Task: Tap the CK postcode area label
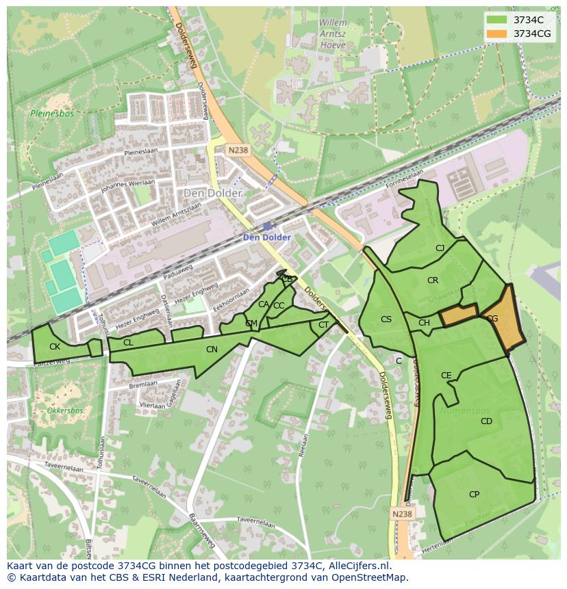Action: click(55, 347)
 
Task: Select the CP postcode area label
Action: click(474, 494)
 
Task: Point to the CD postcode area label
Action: click(486, 421)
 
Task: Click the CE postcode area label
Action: click(446, 376)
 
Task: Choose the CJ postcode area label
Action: click(440, 248)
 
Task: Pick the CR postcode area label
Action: click(433, 280)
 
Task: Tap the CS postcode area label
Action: click(386, 319)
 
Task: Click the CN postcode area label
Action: click(212, 350)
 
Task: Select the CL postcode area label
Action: click(128, 343)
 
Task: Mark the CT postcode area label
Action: click(324, 325)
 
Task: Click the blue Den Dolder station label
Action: click(267, 237)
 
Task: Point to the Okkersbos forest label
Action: click(65, 411)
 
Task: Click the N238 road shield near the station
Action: click(238, 150)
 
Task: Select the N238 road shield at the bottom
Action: click(403, 514)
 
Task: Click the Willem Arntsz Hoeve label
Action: click(333, 32)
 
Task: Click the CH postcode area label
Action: click(424, 323)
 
